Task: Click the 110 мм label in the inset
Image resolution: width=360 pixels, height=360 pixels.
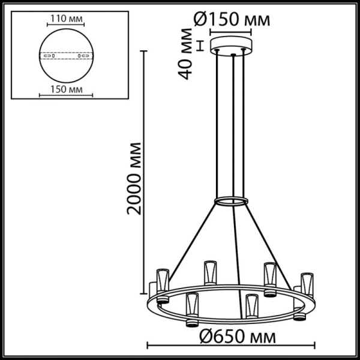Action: click(x=65, y=19)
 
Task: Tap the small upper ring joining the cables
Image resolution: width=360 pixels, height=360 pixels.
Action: click(x=232, y=200)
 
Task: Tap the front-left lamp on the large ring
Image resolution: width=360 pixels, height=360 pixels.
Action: click(x=192, y=309)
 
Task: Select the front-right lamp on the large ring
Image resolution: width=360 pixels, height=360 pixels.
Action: click(x=251, y=309)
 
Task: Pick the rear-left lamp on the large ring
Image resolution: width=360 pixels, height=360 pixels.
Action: click(x=209, y=273)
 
